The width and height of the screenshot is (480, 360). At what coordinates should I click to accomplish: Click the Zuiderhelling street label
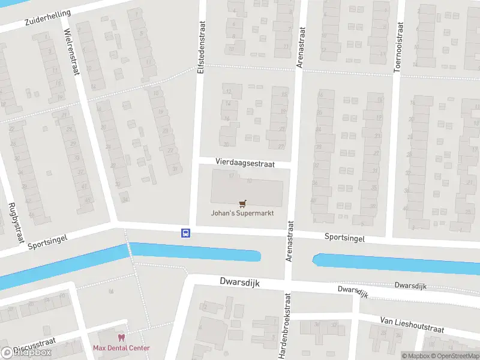point(48,17)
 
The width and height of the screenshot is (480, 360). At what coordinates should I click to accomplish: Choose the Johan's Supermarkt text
point(242,213)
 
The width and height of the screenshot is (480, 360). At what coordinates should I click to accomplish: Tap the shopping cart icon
point(242,203)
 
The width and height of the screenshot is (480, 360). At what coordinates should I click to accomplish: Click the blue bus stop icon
point(185,233)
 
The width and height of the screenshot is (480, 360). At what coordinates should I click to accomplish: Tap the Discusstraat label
point(34,346)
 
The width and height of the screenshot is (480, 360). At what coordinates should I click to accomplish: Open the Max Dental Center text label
point(121,348)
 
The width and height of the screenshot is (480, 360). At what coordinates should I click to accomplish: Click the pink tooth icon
point(121,338)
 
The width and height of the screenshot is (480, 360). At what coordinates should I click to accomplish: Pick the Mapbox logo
point(26,353)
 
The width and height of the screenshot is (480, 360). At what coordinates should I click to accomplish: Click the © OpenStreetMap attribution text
point(455,356)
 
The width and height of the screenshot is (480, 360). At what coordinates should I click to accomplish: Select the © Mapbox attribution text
point(416,356)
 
